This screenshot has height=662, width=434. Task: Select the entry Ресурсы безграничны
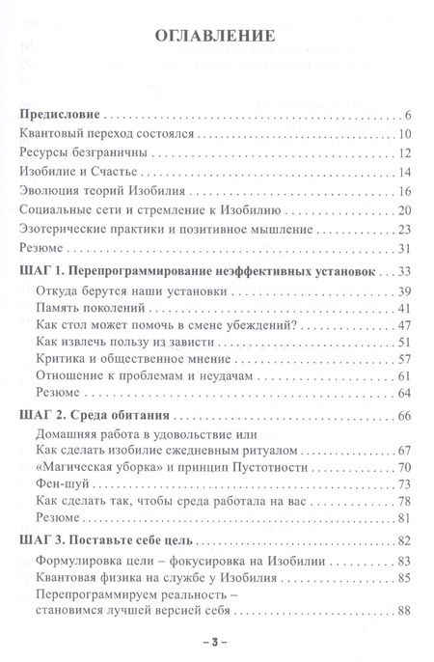pyautogui.click(x=88, y=154)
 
